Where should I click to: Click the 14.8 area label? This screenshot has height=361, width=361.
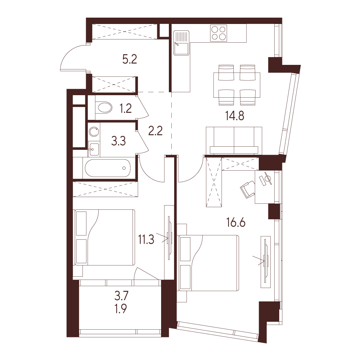[x=235, y=116]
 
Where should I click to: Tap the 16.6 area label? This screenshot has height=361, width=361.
[x=236, y=223]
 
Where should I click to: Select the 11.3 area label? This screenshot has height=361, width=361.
[x=146, y=239]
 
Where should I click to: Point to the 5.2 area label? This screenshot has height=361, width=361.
[x=130, y=59]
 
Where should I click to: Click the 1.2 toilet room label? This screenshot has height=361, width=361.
[x=126, y=108]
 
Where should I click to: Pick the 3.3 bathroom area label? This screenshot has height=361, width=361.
[x=118, y=141]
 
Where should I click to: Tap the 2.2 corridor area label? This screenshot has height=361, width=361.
[x=155, y=131]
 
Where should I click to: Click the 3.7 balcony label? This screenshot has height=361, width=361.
[x=121, y=296]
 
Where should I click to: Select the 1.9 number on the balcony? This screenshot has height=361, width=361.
[x=121, y=309]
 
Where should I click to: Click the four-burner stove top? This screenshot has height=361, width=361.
[x=219, y=33]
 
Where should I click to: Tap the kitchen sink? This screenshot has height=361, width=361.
[x=181, y=43]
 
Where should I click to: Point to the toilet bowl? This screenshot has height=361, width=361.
[x=103, y=108]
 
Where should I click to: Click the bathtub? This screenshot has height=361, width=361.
[x=108, y=168]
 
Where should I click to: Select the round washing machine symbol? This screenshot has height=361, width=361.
[x=94, y=132]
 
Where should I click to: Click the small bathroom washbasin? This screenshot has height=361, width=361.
[x=94, y=149]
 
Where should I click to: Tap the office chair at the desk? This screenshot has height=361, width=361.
[x=248, y=189]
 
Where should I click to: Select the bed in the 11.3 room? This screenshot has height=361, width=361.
[x=105, y=237]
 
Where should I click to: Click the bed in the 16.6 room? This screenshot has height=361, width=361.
[x=209, y=263]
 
